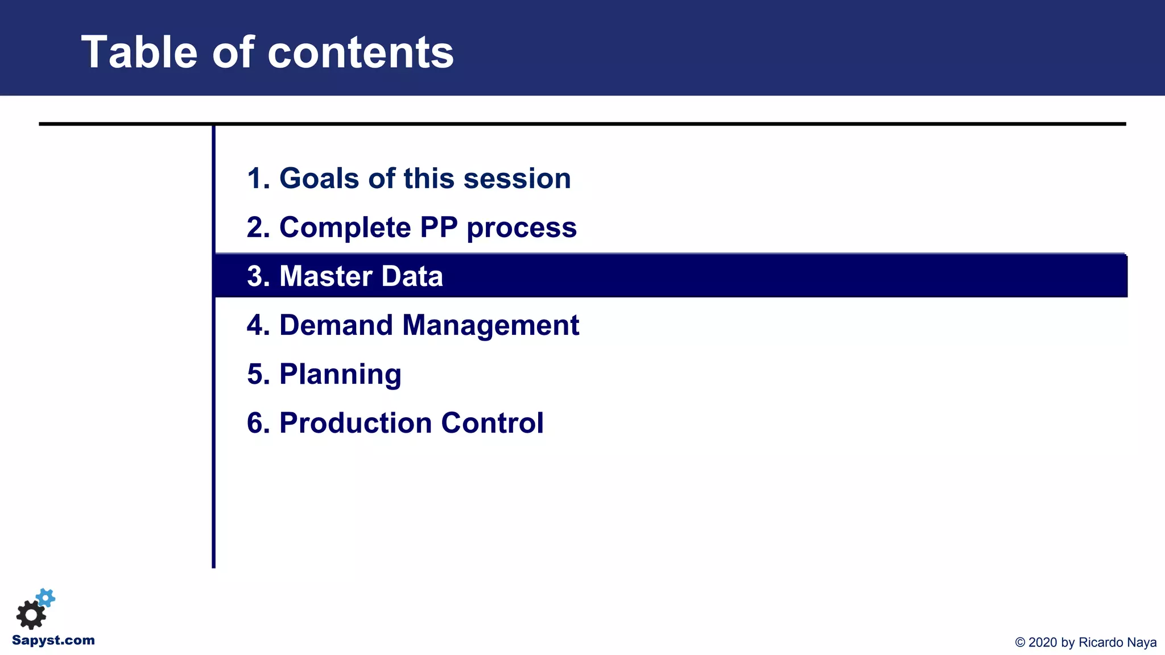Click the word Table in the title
pos(139,52)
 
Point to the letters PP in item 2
pos(439,227)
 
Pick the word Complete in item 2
pos(345,227)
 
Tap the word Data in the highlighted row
pos(412,276)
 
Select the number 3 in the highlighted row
pos(255,276)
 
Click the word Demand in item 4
pos(336,325)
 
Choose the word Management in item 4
pos(490,325)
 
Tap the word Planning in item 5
pos(340,375)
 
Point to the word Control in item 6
pos(492,423)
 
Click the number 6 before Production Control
pos(255,423)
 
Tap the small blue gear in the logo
pos(46,598)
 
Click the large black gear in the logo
pos(31,615)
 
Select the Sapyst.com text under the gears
pos(53,640)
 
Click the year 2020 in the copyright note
pos(1042,642)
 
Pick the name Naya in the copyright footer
pos(1142,642)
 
